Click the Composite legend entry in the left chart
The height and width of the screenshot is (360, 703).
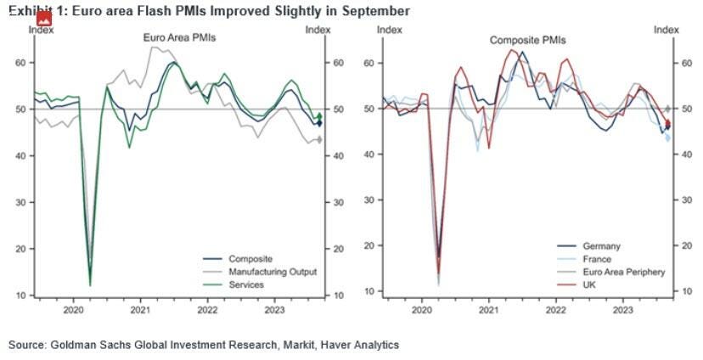click(250, 259)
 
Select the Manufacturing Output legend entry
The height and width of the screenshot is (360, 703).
click(273, 272)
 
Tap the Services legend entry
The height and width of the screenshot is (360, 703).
click(247, 284)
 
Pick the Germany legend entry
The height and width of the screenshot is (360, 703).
click(604, 246)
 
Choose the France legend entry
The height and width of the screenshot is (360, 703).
click(599, 259)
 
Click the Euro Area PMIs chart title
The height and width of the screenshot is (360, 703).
click(178, 38)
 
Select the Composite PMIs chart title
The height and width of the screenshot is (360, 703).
click(527, 40)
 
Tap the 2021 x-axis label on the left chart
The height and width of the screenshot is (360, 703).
click(140, 311)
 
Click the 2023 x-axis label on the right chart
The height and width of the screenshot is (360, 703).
click(622, 311)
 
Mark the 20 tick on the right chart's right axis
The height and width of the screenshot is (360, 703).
click(678, 245)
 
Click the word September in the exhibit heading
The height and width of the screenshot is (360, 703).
click(378, 11)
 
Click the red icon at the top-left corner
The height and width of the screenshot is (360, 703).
click(43, 18)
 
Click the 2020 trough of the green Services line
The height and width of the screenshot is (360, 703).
click(90, 284)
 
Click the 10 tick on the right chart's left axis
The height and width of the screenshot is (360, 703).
click(369, 291)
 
